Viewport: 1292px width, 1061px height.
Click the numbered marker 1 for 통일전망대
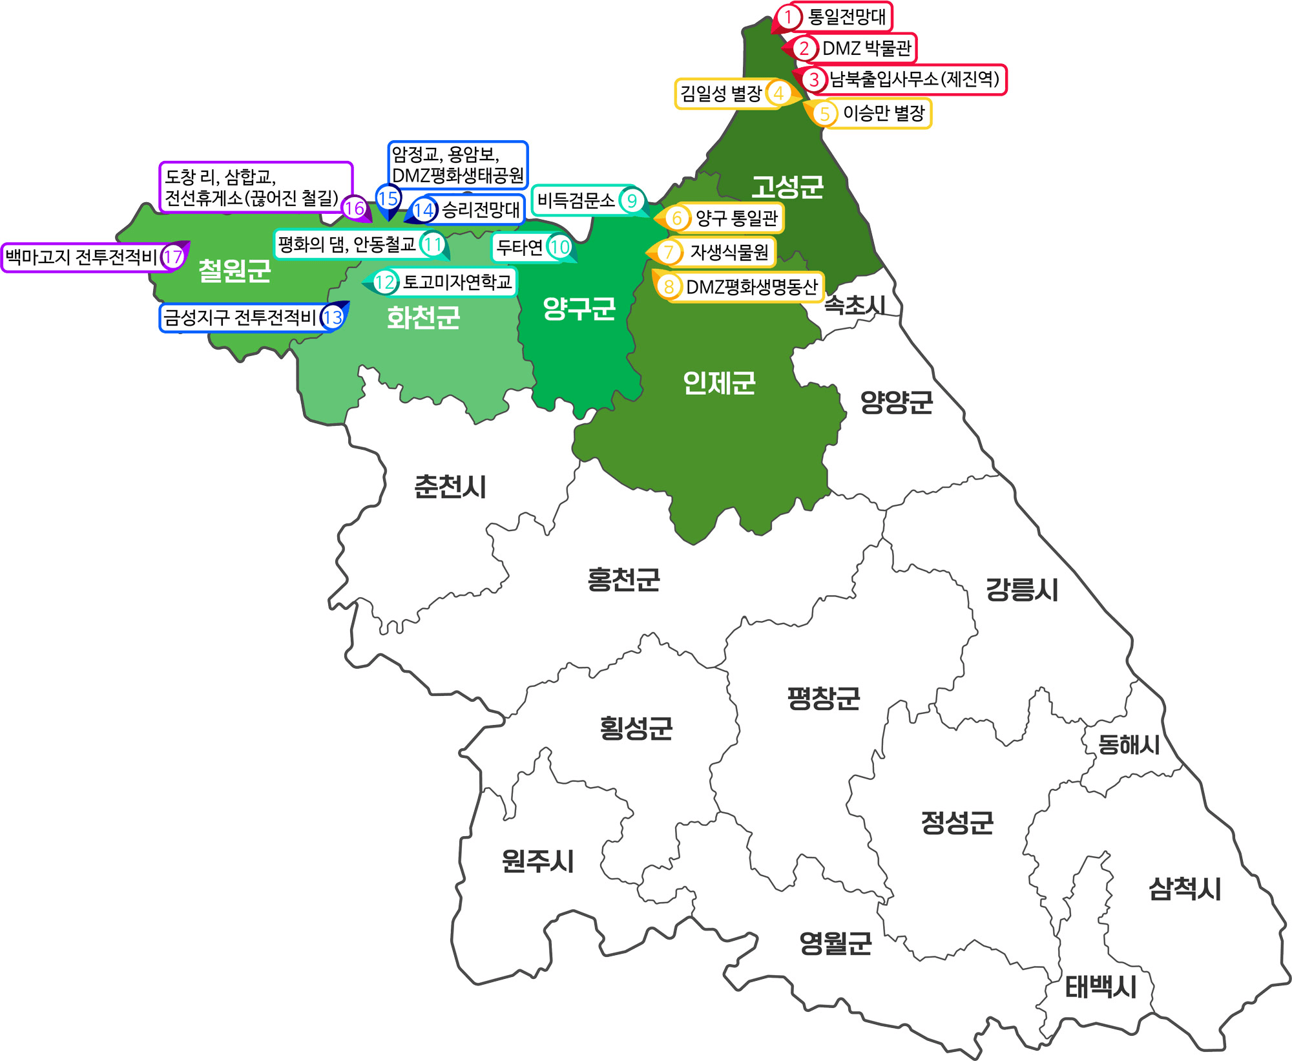click(787, 17)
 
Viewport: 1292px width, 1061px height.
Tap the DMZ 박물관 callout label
click(866, 48)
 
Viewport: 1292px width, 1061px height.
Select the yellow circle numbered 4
click(779, 94)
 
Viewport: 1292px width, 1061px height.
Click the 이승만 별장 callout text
click(884, 114)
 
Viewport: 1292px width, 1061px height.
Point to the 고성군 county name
click(787, 187)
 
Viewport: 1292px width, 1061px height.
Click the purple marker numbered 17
click(172, 257)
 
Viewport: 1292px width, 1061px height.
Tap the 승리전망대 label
click(480, 209)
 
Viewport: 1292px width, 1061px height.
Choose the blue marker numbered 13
click(333, 317)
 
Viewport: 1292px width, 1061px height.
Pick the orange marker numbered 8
click(669, 287)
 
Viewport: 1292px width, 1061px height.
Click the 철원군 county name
click(234, 270)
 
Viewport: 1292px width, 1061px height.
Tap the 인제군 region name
click(719, 383)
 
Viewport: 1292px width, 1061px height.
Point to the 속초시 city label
click(855, 305)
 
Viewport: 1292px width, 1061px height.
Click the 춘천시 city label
click(450, 487)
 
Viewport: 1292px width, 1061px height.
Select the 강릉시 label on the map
click(1021, 589)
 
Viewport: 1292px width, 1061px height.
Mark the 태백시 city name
click(1100, 987)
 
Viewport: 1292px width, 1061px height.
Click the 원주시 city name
click(537, 861)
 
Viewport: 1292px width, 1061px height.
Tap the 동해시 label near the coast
click(1129, 744)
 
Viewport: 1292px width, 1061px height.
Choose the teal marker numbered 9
click(632, 200)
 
